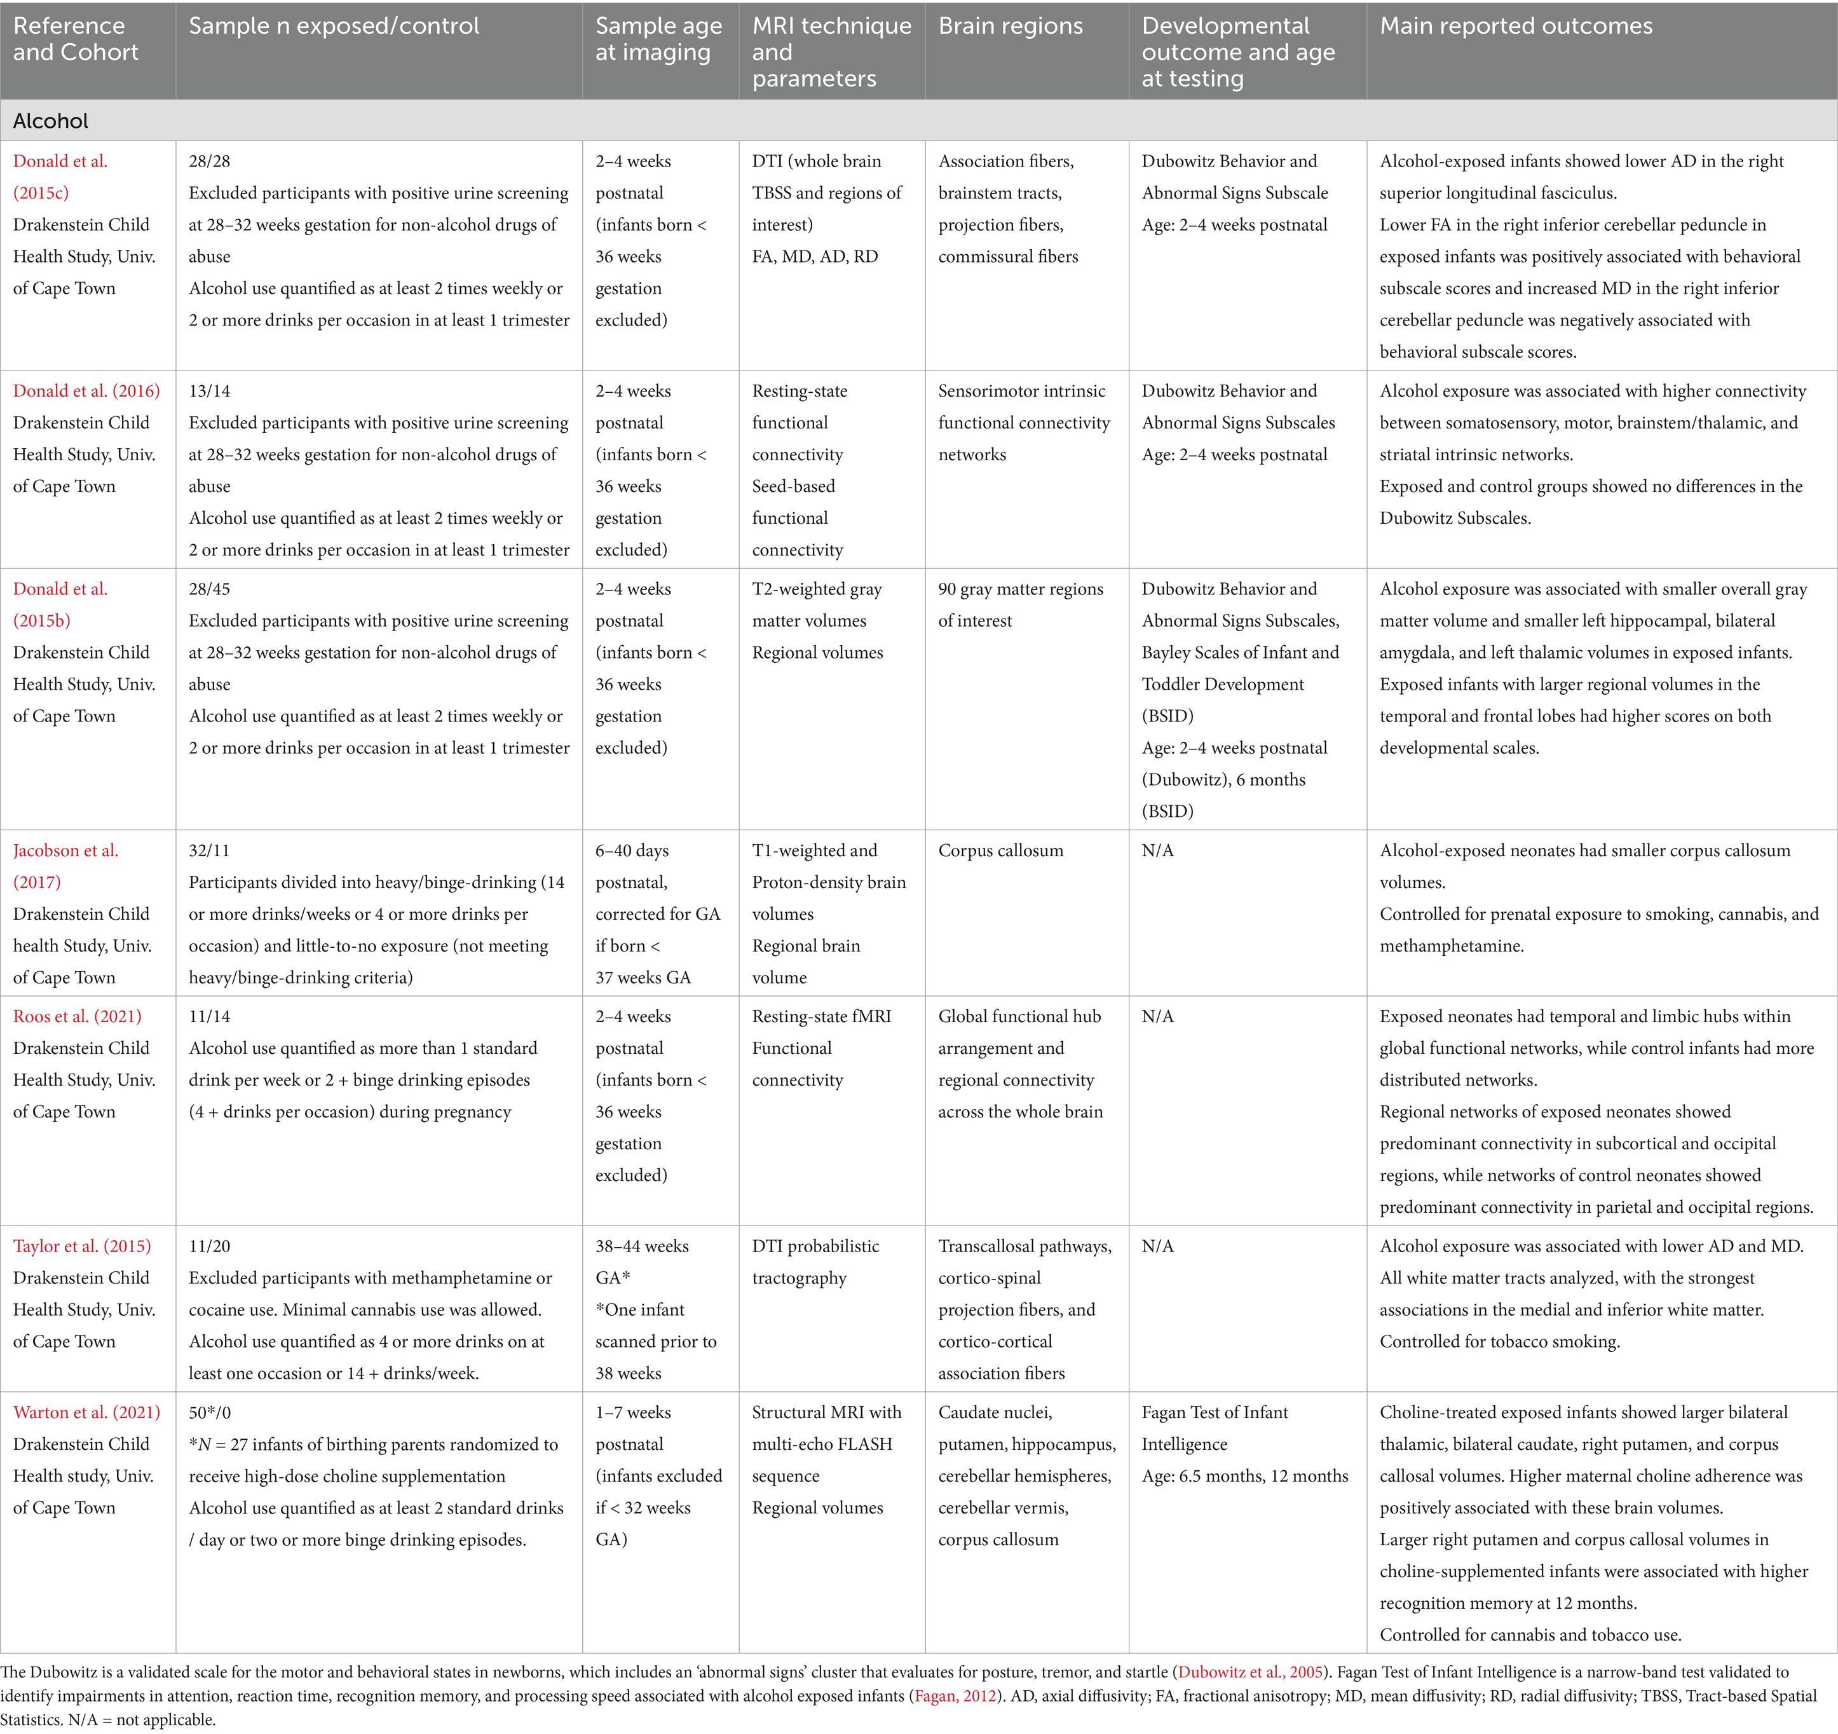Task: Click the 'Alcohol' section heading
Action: tap(51, 121)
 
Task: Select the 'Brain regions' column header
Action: tap(1010, 26)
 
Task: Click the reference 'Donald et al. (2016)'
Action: tap(86, 390)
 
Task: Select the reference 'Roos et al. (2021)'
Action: tap(78, 1016)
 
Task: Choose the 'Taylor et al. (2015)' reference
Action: tap(82, 1246)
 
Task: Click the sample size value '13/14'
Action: tap(209, 390)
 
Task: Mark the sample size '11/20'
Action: tap(209, 1246)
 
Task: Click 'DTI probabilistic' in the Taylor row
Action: tap(815, 1246)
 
